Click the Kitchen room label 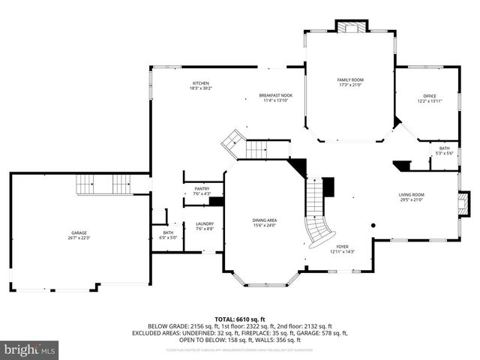[200, 82]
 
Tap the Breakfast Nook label [275, 95]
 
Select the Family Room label [349, 79]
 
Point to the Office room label [429, 96]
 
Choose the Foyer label [342, 246]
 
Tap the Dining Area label [264, 220]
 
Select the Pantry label [202, 189]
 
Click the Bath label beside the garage [168, 232]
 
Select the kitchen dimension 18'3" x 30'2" [200, 88]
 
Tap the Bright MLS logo [30, 349]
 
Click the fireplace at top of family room [351, 28]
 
